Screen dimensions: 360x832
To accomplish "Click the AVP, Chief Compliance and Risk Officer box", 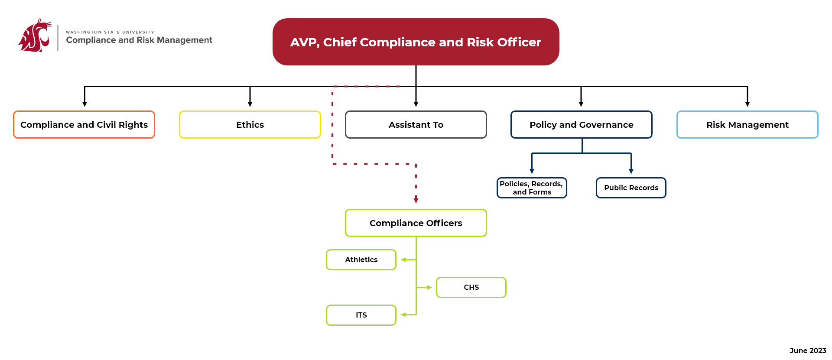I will pyautogui.click(x=416, y=42).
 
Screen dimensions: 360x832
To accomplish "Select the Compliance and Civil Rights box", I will pyautogui.click(x=84, y=125).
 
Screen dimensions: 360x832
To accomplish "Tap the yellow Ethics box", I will pyautogui.click(x=250, y=125).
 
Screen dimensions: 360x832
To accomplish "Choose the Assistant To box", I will pyautogui.click(x=416, y=125).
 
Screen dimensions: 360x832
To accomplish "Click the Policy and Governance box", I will pyautogui.click(x=581, y=125).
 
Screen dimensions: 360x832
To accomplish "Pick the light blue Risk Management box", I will pyautogui.click(x=747, y=125).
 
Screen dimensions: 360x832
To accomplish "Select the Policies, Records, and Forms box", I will pyautogui.click(x=532, y=188).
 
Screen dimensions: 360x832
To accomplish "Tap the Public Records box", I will pyautogui.click(x=631, y=188).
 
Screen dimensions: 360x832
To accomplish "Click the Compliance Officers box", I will pyautogui.click(x=416, y=223).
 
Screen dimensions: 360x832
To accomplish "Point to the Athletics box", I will pyautogui.click(x=361, y=259).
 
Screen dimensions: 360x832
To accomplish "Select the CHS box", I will pyautogui.click(x=471, y=287).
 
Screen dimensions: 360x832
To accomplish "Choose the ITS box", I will pyautogui.click(x=361, y=315).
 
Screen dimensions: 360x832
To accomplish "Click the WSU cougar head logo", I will pyautogui.click(x=35, y=36).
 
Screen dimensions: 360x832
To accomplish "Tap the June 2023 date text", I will pyautogui.click(x=807, y=350).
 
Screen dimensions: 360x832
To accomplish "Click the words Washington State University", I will pyautogui.click(x=110, y=32).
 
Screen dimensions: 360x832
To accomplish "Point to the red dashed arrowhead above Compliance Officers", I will pyautogui.click(x=416, y=200).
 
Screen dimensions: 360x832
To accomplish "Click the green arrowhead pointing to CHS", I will pyautogui.click(x=429, y=287).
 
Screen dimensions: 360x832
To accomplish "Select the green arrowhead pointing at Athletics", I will pyautogui.click(x=403, y=259).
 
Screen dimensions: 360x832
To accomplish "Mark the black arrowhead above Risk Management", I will pyautogui.click(x=747, y=104).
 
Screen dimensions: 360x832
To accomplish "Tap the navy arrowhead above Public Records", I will pyautogui.click(x=631, y=171).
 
